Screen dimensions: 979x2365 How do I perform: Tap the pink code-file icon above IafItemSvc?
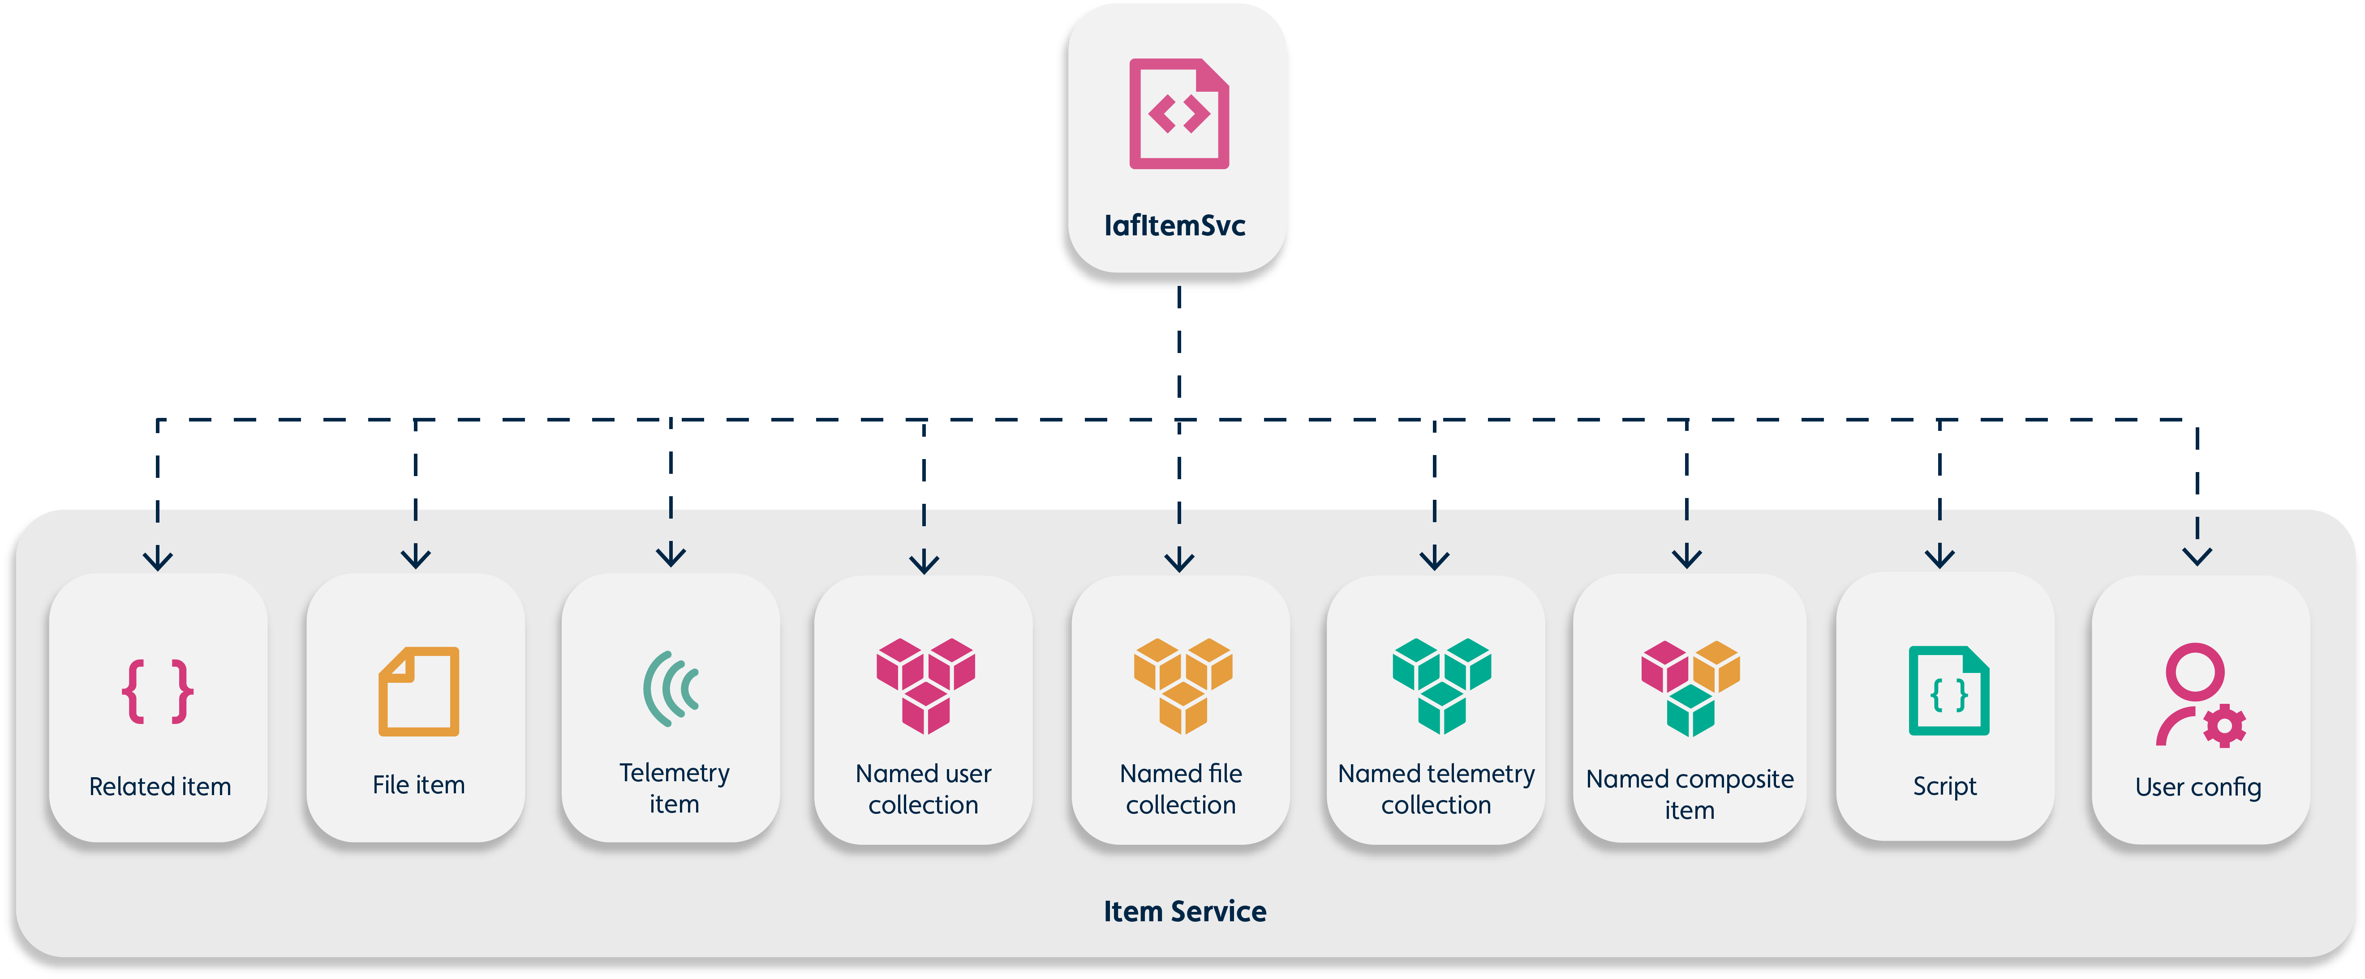pyautogui.click(x=1179, y=114)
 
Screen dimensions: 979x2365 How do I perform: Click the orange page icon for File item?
pyautogui.click(x=419, y=692)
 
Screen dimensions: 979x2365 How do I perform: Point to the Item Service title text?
pyautogui.click(x=1184, y=911)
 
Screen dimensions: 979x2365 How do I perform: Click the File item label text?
pyautogui.click(x=419, y=785)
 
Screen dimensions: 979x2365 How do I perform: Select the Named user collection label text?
pyautogui.click(x=924, y=789)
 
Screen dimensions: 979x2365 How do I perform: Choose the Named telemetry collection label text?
pyautogui.click(x=1436, y=789)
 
